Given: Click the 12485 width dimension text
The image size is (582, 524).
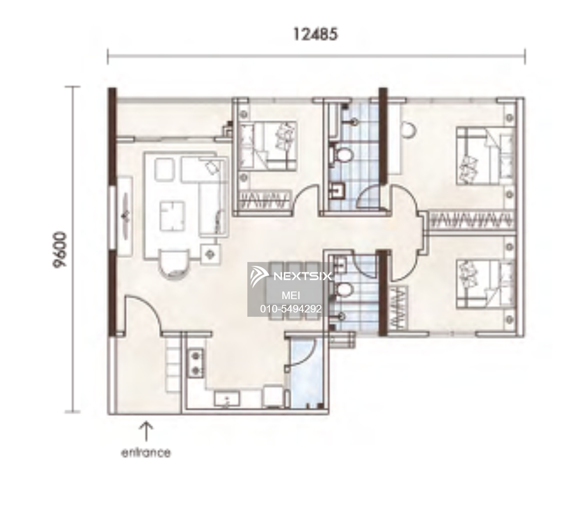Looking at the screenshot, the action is (315, 34).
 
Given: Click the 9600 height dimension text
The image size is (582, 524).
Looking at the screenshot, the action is (60, 249).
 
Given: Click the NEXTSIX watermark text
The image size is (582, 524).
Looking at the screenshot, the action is (303, 276).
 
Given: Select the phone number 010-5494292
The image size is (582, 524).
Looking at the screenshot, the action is (291, 309).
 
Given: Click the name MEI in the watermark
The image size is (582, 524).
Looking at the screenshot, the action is (291, 296).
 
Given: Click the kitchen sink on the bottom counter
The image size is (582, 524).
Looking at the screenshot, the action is (227, 399).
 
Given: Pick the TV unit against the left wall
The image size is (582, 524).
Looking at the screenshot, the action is (125, 217).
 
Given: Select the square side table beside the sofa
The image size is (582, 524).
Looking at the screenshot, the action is (210, 254).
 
